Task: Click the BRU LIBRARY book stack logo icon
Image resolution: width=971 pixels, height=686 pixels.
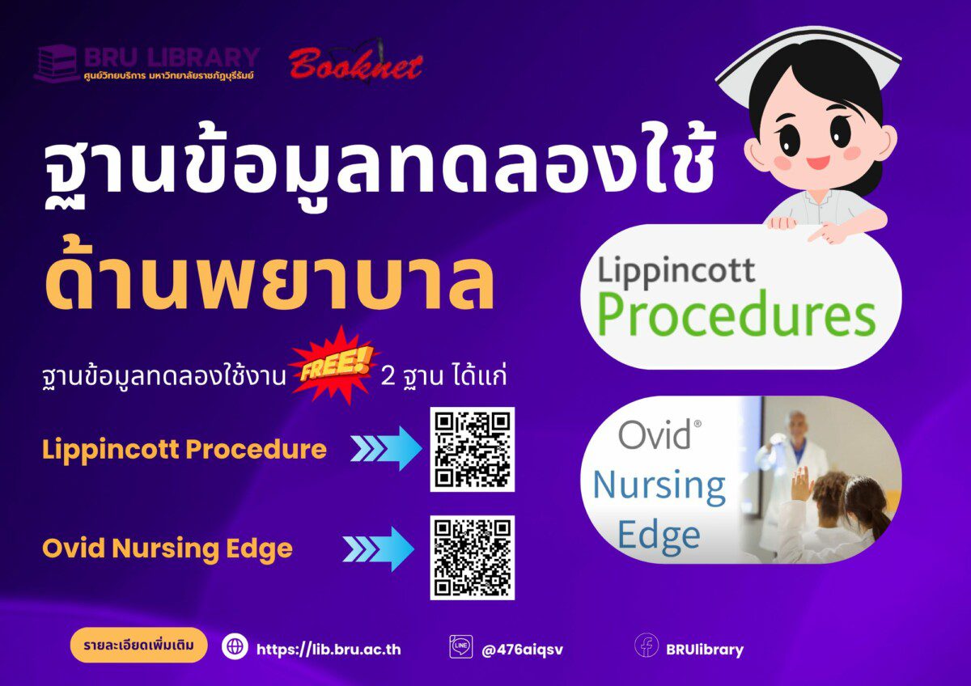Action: pyautogui.click(x=56, y=63)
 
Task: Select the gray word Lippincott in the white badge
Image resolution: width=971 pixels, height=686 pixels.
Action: pyautogui.click(x=676, y=272)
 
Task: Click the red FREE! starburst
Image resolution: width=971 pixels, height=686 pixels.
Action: pyautogui.click(x=334, y=366)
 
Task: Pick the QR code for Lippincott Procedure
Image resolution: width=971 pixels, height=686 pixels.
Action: pyautogui.click(x=472, y=450)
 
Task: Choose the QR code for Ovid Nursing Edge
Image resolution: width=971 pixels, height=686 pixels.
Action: pyautogui.click(x=472, y=557)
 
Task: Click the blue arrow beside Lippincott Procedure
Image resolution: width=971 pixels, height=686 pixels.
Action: pyautogui.click(x=386, y=448)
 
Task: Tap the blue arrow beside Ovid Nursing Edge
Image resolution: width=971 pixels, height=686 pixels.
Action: pyautogui.click(x=379, y=549)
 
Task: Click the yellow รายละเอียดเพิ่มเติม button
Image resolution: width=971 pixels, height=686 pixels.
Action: pyautogui.click(x=138, y=646)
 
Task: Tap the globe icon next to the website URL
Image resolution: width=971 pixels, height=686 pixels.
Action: pyautogui.click(x=235, y=646)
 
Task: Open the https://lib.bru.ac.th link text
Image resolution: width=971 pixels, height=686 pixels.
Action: pyautogui.click(x=329, y=649)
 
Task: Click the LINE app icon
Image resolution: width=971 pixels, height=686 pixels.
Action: pyautogui.click(x=460, y=646)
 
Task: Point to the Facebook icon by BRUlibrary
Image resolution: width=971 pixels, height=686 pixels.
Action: pyautogui.click(x=647, y=646)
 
